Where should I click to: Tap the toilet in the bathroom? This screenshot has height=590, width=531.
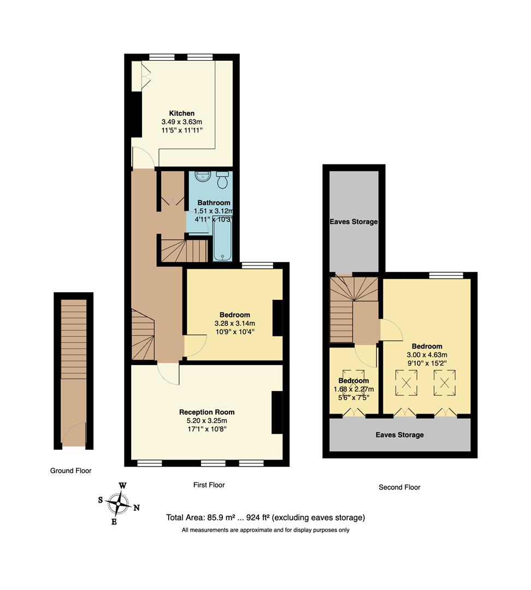(222, 179)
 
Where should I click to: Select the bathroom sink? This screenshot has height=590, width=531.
(202, 176)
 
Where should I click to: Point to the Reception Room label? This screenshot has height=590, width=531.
(206, 412)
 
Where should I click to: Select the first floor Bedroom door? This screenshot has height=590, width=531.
(196, 345)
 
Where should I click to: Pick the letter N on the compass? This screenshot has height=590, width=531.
(137, 508)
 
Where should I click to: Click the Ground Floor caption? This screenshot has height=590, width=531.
(70, 470)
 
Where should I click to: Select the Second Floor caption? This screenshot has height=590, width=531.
(399, 487)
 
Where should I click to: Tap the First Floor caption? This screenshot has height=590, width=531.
(209, 485)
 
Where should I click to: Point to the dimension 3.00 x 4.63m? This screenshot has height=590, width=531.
(427, 355)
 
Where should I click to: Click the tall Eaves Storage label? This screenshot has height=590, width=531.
(353, 222)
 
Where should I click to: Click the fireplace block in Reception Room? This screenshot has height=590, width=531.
(277, 412)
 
